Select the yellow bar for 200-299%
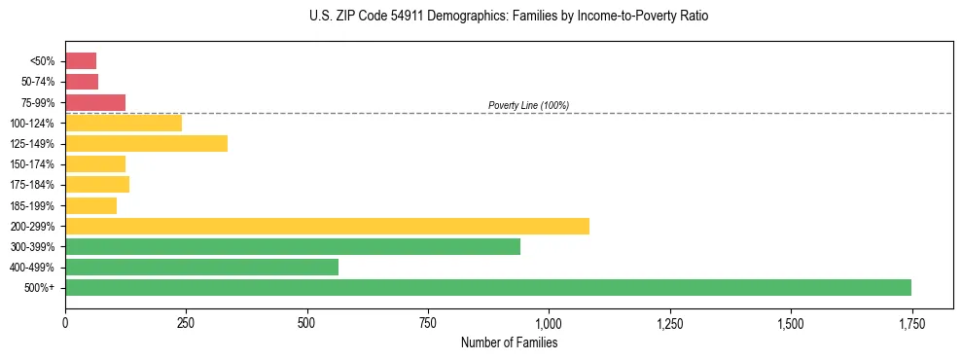click(x=327, y=227)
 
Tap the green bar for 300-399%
click(x=293, y=247)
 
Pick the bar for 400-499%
click(x=201, y=268)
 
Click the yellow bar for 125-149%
click(x=146, y=144)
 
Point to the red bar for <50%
click(x=81, y=61)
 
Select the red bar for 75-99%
click(x=95, y=102)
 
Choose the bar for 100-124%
click(x=124, y=124)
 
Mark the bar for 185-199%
click(x=90, y=206)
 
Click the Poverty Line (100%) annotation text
click(x=528, y=105)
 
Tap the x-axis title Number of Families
click(x=509, y=342)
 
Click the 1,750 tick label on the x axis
click(x=911, y=323)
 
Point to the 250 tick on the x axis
click(x=186, y=323)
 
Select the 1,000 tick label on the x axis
click(x=549, y=323)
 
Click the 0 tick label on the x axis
click(x=65, y=323)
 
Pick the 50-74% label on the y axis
click(x=39, y=82)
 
